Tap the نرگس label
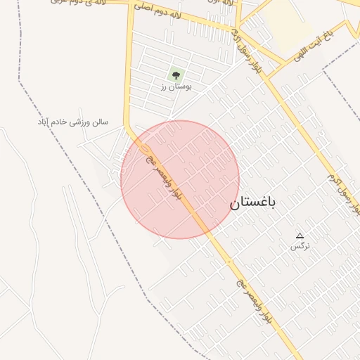300,246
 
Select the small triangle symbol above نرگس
300,236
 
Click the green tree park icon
175,74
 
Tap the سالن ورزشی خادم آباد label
73,122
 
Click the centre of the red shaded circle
180,179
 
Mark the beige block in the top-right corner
288,25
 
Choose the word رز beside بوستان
162,86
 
